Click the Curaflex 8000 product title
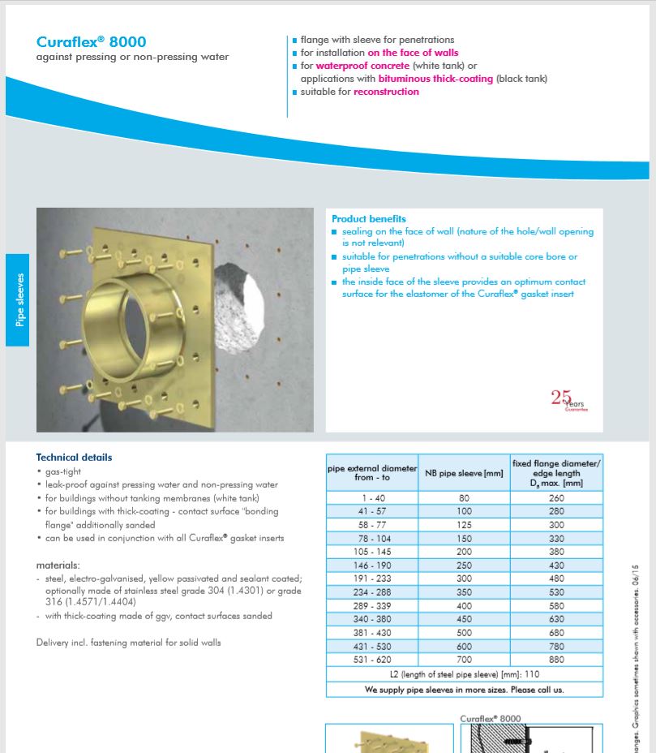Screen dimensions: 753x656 point(92,42)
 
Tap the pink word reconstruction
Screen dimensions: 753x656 point(386,92)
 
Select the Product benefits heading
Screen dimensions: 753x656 point(369,219)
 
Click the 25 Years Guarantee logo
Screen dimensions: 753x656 point(568,400)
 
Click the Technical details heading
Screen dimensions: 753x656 point(74,458)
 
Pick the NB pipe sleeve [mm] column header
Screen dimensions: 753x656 point(464,473)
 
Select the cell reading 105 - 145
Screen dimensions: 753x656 point(371,551)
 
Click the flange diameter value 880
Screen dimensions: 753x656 point(557,660)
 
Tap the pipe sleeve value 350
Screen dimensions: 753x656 point(464,592)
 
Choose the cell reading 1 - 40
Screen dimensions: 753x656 point(371,497)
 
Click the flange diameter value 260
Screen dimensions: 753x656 point(557,497)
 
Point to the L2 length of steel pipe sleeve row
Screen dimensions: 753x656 point(464,674)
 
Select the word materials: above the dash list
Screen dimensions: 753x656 point(58,565)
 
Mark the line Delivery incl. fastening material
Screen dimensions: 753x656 point(128,643)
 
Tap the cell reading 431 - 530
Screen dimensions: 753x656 point(371,647)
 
